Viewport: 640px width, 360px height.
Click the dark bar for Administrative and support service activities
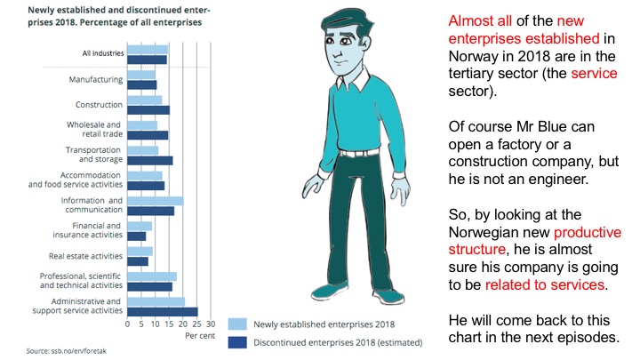163,312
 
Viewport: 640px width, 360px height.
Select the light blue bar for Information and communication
156,201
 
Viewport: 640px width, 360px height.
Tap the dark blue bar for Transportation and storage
150,161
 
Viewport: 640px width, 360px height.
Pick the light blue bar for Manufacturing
141,76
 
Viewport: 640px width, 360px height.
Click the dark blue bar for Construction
148,110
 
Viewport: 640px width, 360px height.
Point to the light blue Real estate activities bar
140,252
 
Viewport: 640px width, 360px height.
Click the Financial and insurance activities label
90,231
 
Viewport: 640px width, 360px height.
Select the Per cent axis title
199,337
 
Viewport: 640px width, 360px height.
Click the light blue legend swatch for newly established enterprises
238,324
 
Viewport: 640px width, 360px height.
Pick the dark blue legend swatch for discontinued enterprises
238,340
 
